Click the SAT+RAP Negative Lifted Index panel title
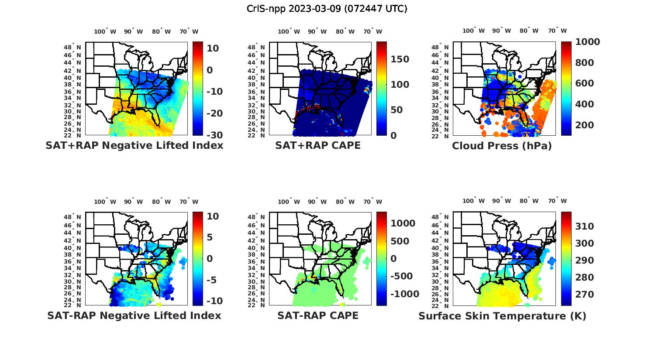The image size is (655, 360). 134,145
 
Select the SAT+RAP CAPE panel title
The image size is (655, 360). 318,145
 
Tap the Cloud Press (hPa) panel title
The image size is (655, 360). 502,146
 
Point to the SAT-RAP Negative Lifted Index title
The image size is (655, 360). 134,315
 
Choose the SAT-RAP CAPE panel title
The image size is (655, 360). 318,315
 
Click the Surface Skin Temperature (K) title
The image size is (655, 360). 502,316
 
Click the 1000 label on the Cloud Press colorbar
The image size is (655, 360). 588,42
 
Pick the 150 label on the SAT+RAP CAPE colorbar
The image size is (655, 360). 399,59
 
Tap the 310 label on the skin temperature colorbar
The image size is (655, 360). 584,226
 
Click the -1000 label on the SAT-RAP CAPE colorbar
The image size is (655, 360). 405,294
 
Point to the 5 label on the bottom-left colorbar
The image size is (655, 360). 210,237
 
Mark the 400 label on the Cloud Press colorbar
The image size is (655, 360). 584,104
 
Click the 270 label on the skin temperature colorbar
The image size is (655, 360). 584,295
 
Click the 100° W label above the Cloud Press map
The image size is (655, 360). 474,31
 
